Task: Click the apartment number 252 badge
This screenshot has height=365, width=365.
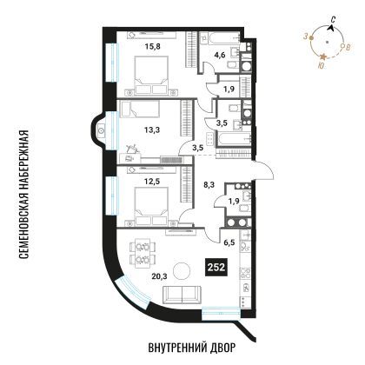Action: pos(216,267)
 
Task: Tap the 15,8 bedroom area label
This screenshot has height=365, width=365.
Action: pos(153,46)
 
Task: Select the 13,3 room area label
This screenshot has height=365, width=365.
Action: pos(152,130)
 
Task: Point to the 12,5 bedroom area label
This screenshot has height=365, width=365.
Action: pos(152,182)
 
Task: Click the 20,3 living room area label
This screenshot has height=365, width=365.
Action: pos(159,276)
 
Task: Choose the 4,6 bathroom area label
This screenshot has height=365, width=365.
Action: pos(220,55)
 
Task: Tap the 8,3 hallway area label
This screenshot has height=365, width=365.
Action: pos(209,184)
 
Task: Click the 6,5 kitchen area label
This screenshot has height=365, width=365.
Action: pos(229,242)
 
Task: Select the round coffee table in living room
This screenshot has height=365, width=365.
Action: pos(182,271)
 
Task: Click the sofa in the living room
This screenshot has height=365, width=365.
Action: pos(182,295)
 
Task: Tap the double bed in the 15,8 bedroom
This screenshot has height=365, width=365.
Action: pos(152,75)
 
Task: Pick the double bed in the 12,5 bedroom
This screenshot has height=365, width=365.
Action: pos(151,206)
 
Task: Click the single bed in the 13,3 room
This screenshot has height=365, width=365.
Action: pos(140,109)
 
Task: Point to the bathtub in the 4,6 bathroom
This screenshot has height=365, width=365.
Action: pos(224,38)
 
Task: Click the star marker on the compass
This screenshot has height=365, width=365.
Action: pos(323,56)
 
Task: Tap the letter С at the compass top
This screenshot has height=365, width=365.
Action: pos(334,20)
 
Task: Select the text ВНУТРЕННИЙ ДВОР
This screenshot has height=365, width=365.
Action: pos(192,348)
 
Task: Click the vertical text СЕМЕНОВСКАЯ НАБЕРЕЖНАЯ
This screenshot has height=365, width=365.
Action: pos(23,195)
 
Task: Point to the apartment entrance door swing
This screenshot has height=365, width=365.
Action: pos(263,171)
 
